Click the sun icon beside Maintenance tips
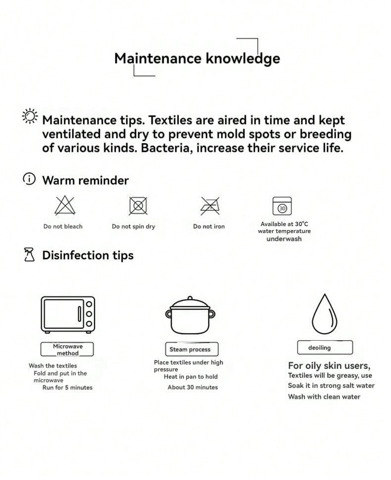(x=30, y=116)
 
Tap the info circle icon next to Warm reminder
(x=29, y=179)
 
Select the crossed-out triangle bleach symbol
(x=65, y=205)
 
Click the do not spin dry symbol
(x=138, y=206)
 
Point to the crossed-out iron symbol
(x=210, y=206)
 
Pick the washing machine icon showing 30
(x=282, y=206)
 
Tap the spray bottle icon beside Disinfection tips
(x=29, y=254)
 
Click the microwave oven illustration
(x=68, y=315)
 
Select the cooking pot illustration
(x=190, y=315)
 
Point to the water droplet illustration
(x=324, y=314)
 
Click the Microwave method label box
(x=67, y=349)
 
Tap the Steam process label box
(x=192, y=349)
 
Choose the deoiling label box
(x=325, y=348)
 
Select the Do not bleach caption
(x=63, y=227)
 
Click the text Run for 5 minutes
(x=67, y=388)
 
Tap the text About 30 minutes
(x=193, y=387)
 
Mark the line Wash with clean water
(x=324, y=397)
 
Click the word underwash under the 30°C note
(x=284, y=239)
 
